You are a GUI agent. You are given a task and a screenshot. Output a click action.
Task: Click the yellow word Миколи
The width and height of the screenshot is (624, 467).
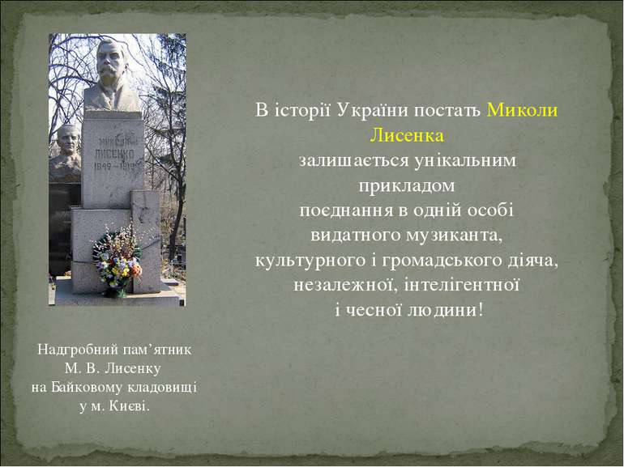pos(522,110)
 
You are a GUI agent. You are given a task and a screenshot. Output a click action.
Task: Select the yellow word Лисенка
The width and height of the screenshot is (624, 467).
pos(407,135)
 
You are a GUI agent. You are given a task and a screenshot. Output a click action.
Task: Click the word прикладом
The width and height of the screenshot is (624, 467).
pos(407,186)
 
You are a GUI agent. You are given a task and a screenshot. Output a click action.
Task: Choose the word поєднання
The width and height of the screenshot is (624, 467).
pos(346,210)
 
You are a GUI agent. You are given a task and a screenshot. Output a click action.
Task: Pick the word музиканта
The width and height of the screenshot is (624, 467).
pos(454,236)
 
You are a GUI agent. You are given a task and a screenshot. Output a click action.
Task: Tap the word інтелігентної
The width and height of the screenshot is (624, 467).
pos(461,285)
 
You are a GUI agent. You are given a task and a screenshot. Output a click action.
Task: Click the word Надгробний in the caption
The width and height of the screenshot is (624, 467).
pos(78,350)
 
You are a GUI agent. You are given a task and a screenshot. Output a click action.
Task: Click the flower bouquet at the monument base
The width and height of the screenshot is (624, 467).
pos(118,262)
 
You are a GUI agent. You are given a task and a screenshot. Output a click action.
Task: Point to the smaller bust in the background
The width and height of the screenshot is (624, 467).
pos(66,153)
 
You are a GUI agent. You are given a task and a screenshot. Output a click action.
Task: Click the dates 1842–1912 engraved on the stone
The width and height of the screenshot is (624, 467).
pos(118,165)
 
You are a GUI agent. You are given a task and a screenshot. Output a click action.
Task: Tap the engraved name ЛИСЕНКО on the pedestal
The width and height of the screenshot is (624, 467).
pos(114,153)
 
